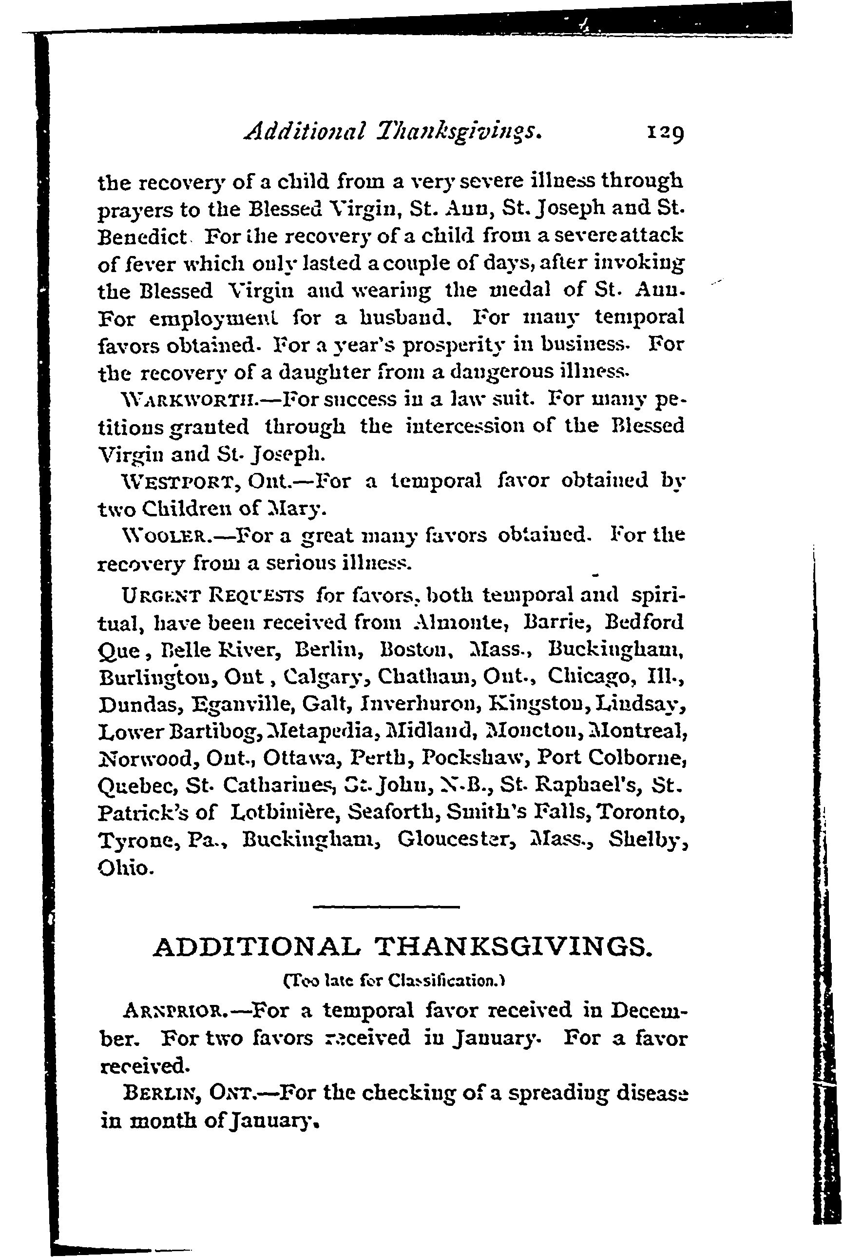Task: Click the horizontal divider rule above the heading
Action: tap(386, 907)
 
